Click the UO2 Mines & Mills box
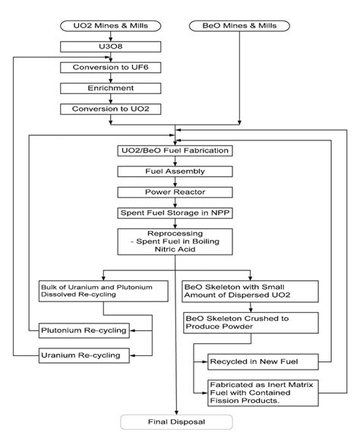(110, 26)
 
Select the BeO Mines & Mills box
(239, 26)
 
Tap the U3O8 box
(110, 46)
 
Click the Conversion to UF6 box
(110, 68)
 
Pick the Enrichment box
(110, 88)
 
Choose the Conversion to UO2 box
(110, 109)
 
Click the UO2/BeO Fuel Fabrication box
(175, 150)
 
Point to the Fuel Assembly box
(175, 172)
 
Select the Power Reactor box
(175, 192)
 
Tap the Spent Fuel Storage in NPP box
(175, 213)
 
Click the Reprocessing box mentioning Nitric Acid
(175, 241)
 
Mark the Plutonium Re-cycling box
(84, 330)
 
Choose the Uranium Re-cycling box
(84, 355)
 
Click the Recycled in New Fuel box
(263, 362)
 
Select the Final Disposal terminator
(176, 422)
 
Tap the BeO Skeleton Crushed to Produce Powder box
(251, 323)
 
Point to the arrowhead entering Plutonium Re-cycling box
(133, 331)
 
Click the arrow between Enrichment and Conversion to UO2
(111, 99)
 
